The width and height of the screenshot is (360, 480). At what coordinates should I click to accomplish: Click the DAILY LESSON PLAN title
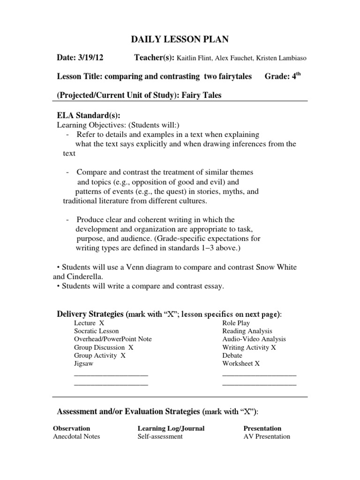click(180, 40)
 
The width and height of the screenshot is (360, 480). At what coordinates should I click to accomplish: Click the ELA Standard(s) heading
click(88, 115)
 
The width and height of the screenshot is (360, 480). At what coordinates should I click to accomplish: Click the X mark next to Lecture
click(102, 323)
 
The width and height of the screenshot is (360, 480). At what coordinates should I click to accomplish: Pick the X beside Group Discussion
click(131, 347)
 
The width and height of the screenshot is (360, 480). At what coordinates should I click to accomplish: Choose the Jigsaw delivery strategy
click(84, 363)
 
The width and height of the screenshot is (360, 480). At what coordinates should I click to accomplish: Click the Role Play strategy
click(236, 323)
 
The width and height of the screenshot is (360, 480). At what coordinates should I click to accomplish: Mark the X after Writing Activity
click(274, 347)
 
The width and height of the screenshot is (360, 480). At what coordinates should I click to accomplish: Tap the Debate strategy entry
click(232, 355)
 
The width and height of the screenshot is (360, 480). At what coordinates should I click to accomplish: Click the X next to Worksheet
click(257, 363)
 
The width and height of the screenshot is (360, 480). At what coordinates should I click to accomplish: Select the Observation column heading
click(72, 428)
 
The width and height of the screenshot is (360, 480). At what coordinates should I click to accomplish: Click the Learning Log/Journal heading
click(171, 428)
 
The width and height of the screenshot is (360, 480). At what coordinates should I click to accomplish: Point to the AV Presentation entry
click(267, 436)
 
